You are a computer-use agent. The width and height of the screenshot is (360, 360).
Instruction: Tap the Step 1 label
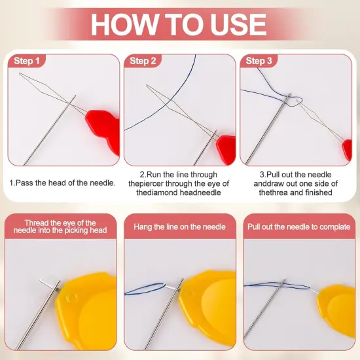tap(27, 61)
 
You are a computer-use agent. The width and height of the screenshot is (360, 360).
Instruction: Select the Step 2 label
tap(143, 61)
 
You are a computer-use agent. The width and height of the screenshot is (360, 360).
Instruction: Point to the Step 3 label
tap(259, 61)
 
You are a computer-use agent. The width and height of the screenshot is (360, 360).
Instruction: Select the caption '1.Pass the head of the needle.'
tap(62, 183)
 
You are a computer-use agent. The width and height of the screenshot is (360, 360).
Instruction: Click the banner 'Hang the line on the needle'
tap(179, 226)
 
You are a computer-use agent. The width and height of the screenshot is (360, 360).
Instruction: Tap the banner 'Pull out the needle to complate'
tap(299, 226)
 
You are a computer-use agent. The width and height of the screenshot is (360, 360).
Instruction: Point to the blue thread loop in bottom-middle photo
tap(147, 290)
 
